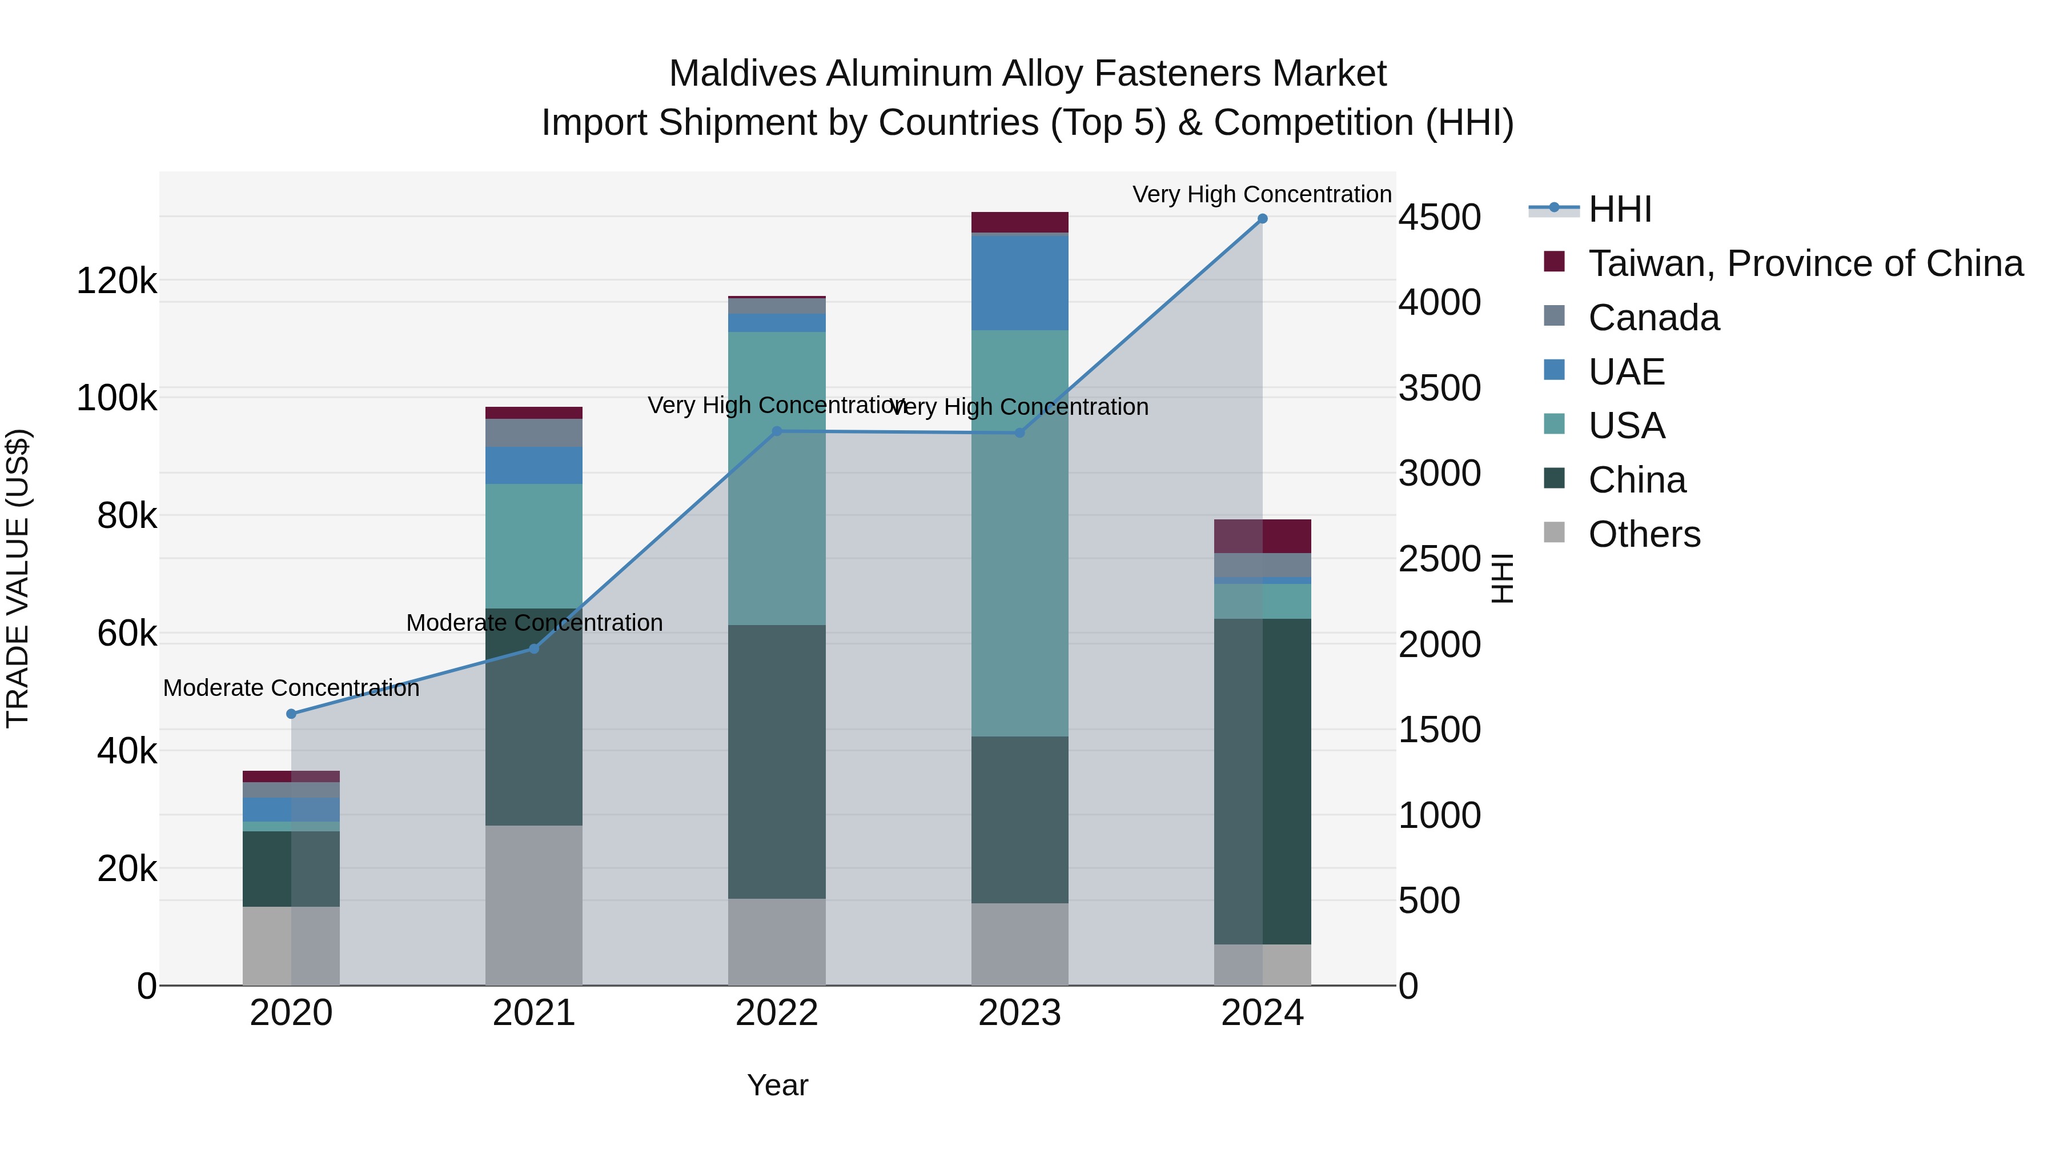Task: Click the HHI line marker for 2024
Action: (1262, 219)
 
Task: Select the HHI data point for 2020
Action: (291, 714)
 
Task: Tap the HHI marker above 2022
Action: (777, 431)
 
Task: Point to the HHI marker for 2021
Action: (534, 648)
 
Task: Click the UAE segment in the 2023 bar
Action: (1019, 283)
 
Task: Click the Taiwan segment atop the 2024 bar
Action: (1262, 536)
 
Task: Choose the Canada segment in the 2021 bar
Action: (534, 433)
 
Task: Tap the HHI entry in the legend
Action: (1620, 209)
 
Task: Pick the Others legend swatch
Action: (1554, 533)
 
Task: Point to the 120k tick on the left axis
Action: (117, 281)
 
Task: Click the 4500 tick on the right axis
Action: (1439, 217)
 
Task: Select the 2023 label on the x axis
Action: (1019, 1013)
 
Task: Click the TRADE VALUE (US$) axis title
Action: (18, 578)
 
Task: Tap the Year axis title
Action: (777, 1085)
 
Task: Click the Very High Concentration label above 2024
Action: (1262, 194)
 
